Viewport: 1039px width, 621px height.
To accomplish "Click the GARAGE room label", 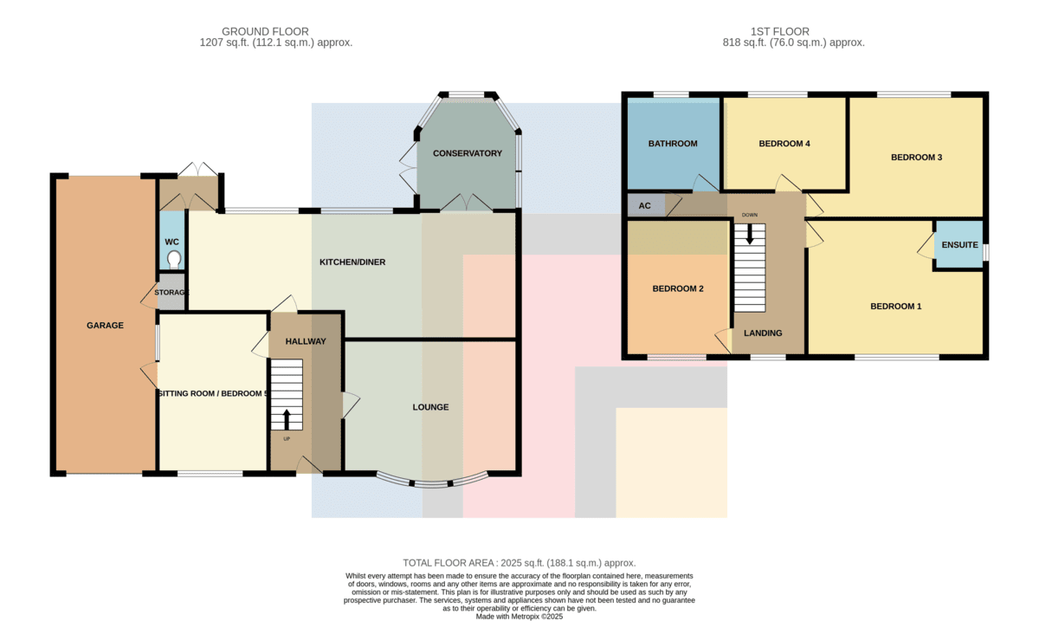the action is point(105,326).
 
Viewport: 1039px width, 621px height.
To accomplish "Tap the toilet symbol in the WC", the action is point(174,260).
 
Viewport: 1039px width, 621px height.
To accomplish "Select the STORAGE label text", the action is point(171,293).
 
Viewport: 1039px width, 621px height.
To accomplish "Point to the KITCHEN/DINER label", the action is point(352,262).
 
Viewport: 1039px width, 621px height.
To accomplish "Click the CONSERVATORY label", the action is point(468,153).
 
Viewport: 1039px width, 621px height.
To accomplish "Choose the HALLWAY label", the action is point(306,341).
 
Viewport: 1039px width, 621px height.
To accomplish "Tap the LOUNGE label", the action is point(430,407).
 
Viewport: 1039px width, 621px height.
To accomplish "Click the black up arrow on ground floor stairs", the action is point(287,419).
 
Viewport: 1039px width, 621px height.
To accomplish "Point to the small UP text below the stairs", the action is point(287,438).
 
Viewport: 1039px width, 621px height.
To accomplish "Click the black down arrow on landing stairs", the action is point(750,235).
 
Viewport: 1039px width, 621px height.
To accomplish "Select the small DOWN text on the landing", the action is point(750,215).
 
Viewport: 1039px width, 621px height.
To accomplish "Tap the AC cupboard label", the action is point(645,205).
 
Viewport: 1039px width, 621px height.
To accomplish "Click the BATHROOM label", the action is point(673,144).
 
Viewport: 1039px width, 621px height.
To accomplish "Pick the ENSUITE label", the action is point(959,244).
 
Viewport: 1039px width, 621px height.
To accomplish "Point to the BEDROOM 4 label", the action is point(784,144).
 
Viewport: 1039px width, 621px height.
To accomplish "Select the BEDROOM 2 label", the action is point(678,288).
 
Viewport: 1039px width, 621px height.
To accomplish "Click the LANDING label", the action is point(763,333).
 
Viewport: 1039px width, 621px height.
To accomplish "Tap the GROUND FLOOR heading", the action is point(265,31).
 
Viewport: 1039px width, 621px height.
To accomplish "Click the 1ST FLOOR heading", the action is point(780,31).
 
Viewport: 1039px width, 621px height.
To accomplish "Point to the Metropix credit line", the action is point(519,617).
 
